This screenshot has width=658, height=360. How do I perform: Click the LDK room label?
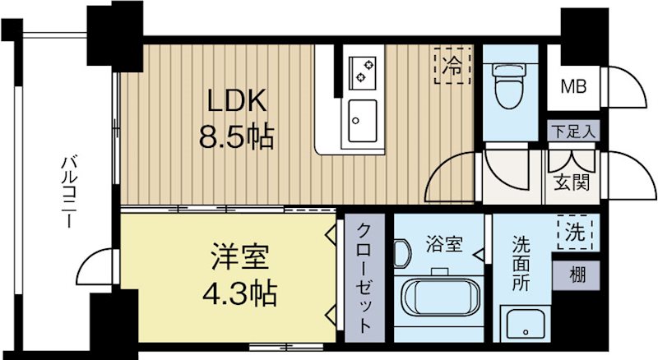[x=238, y=101]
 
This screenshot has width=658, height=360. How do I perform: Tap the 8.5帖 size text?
[x=237, y=136]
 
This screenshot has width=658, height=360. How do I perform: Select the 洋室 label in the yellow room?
[x=239, y=256]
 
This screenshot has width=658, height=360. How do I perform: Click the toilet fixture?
[x=510, y=86]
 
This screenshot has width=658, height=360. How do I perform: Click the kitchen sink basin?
[x=363, y=121]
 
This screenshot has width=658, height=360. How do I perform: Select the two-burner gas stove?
[x=363, y=73]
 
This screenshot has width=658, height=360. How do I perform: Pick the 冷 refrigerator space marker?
[x=452, y=66]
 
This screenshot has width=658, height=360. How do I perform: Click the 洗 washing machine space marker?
[x=575, y=232]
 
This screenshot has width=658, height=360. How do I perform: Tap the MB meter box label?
[x=573, y=87]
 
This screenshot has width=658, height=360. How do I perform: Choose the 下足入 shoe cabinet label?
[x=573, y=132]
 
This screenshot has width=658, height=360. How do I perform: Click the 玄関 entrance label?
[x=572, y=183]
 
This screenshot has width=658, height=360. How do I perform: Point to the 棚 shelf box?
[x=576, y=275]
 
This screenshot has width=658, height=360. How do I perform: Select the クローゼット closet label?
[x=364, y=278]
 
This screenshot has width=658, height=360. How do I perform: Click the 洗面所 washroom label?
[x=521, y=264]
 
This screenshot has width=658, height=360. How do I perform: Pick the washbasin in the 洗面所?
[x=525, y=325]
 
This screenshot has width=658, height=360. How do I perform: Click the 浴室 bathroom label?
[x=444, y=244]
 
